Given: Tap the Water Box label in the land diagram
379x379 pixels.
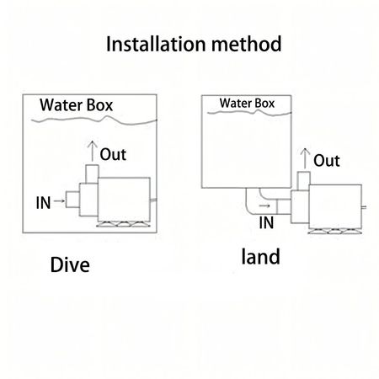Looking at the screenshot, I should (x=248, y=104).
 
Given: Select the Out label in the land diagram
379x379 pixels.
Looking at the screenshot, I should (x=327, y=161).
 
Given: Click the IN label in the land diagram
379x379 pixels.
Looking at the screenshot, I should (x=266, y=222).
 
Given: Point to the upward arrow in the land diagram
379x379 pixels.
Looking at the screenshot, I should (x=304, y=158).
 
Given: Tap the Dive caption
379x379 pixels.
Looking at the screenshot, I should (x=70, y=267).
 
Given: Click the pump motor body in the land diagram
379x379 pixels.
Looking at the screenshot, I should (x=337, y=206).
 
